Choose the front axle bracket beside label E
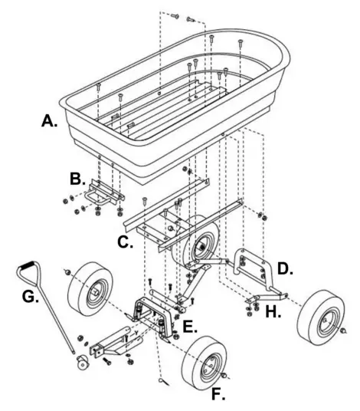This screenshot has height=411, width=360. [157, 314]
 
